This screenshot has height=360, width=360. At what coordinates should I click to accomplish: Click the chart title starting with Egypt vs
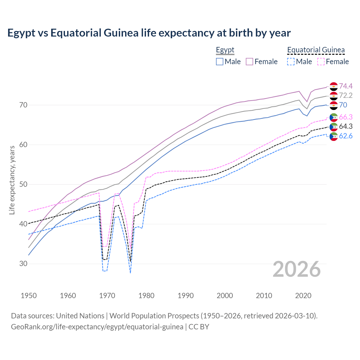(149, 33)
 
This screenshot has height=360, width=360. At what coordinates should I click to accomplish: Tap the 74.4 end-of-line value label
(346, 86)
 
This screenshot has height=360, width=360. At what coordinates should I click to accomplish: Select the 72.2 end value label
(346, 96)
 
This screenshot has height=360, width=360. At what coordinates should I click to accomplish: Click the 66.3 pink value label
(346, 117)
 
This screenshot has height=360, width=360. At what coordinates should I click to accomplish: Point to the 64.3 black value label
(346, 127)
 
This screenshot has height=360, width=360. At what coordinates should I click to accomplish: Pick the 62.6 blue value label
(346, 136)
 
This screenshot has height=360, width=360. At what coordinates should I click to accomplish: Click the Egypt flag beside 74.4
(334, 86)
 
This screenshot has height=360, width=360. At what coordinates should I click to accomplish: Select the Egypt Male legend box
(220, 62)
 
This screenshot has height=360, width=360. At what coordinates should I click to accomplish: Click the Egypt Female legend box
(249, 62)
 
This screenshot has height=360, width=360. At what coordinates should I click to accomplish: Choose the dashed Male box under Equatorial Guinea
(291, 62)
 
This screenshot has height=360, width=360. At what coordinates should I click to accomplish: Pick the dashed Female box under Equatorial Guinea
(321, 62)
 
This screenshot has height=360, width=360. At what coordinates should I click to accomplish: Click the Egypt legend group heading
(225, 50)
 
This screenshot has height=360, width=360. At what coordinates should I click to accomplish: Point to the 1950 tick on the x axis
(29, 296)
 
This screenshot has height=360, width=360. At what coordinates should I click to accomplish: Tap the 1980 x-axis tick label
(146, 296)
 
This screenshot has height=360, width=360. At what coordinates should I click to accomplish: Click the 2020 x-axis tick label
(303, 296)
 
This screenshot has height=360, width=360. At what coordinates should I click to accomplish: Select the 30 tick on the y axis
(23, 264)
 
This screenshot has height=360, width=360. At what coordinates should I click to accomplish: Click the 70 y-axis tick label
(23, 105)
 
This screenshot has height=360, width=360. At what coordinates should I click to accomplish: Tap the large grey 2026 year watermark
(297, 269)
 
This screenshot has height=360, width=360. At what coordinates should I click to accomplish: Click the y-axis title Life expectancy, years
(12, 180)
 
